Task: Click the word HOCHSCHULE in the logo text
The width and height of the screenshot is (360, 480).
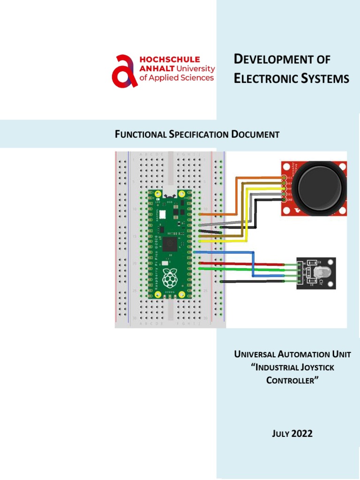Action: tap(170, 60)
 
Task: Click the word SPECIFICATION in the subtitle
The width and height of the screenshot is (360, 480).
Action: tap(199, 135)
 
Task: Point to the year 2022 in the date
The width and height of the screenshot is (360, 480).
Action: tap(302, 434)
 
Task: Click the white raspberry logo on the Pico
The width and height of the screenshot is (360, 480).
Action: tap(169, 277)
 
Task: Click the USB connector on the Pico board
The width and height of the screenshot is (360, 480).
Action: tap(169, 193)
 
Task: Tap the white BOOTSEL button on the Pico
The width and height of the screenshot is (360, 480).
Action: tap(162, 214)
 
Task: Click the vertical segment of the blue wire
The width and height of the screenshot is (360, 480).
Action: tap(253, 265)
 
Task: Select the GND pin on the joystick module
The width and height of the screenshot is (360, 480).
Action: tap(284, 200)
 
